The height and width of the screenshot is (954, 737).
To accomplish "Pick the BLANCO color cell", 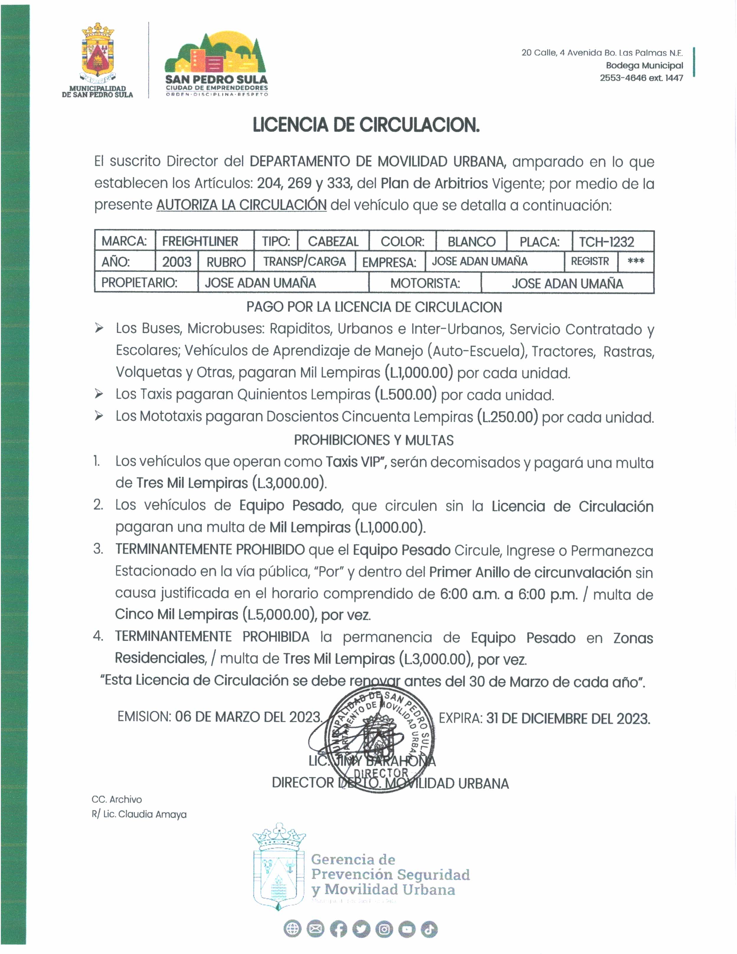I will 471,242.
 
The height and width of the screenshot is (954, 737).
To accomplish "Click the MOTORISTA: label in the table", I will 425,283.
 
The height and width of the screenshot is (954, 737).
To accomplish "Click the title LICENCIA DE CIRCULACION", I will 366,125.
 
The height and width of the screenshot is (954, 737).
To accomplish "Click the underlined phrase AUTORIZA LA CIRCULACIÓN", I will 241,205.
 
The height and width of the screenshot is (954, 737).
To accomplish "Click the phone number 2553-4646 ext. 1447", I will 641,78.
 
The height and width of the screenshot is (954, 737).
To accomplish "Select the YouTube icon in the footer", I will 406,930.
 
